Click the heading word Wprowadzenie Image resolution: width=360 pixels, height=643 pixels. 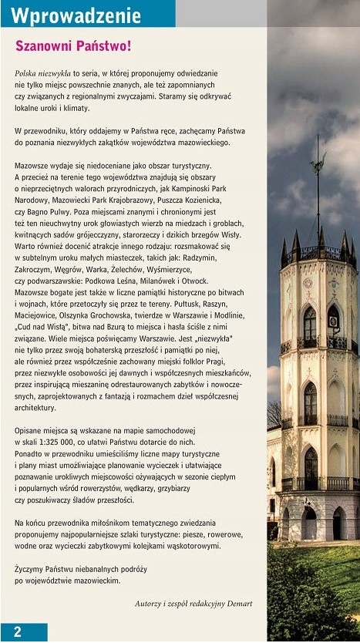point(77,15)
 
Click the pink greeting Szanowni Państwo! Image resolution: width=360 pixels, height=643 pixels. point(73,46)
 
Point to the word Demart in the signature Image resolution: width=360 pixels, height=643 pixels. point(235,603)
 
